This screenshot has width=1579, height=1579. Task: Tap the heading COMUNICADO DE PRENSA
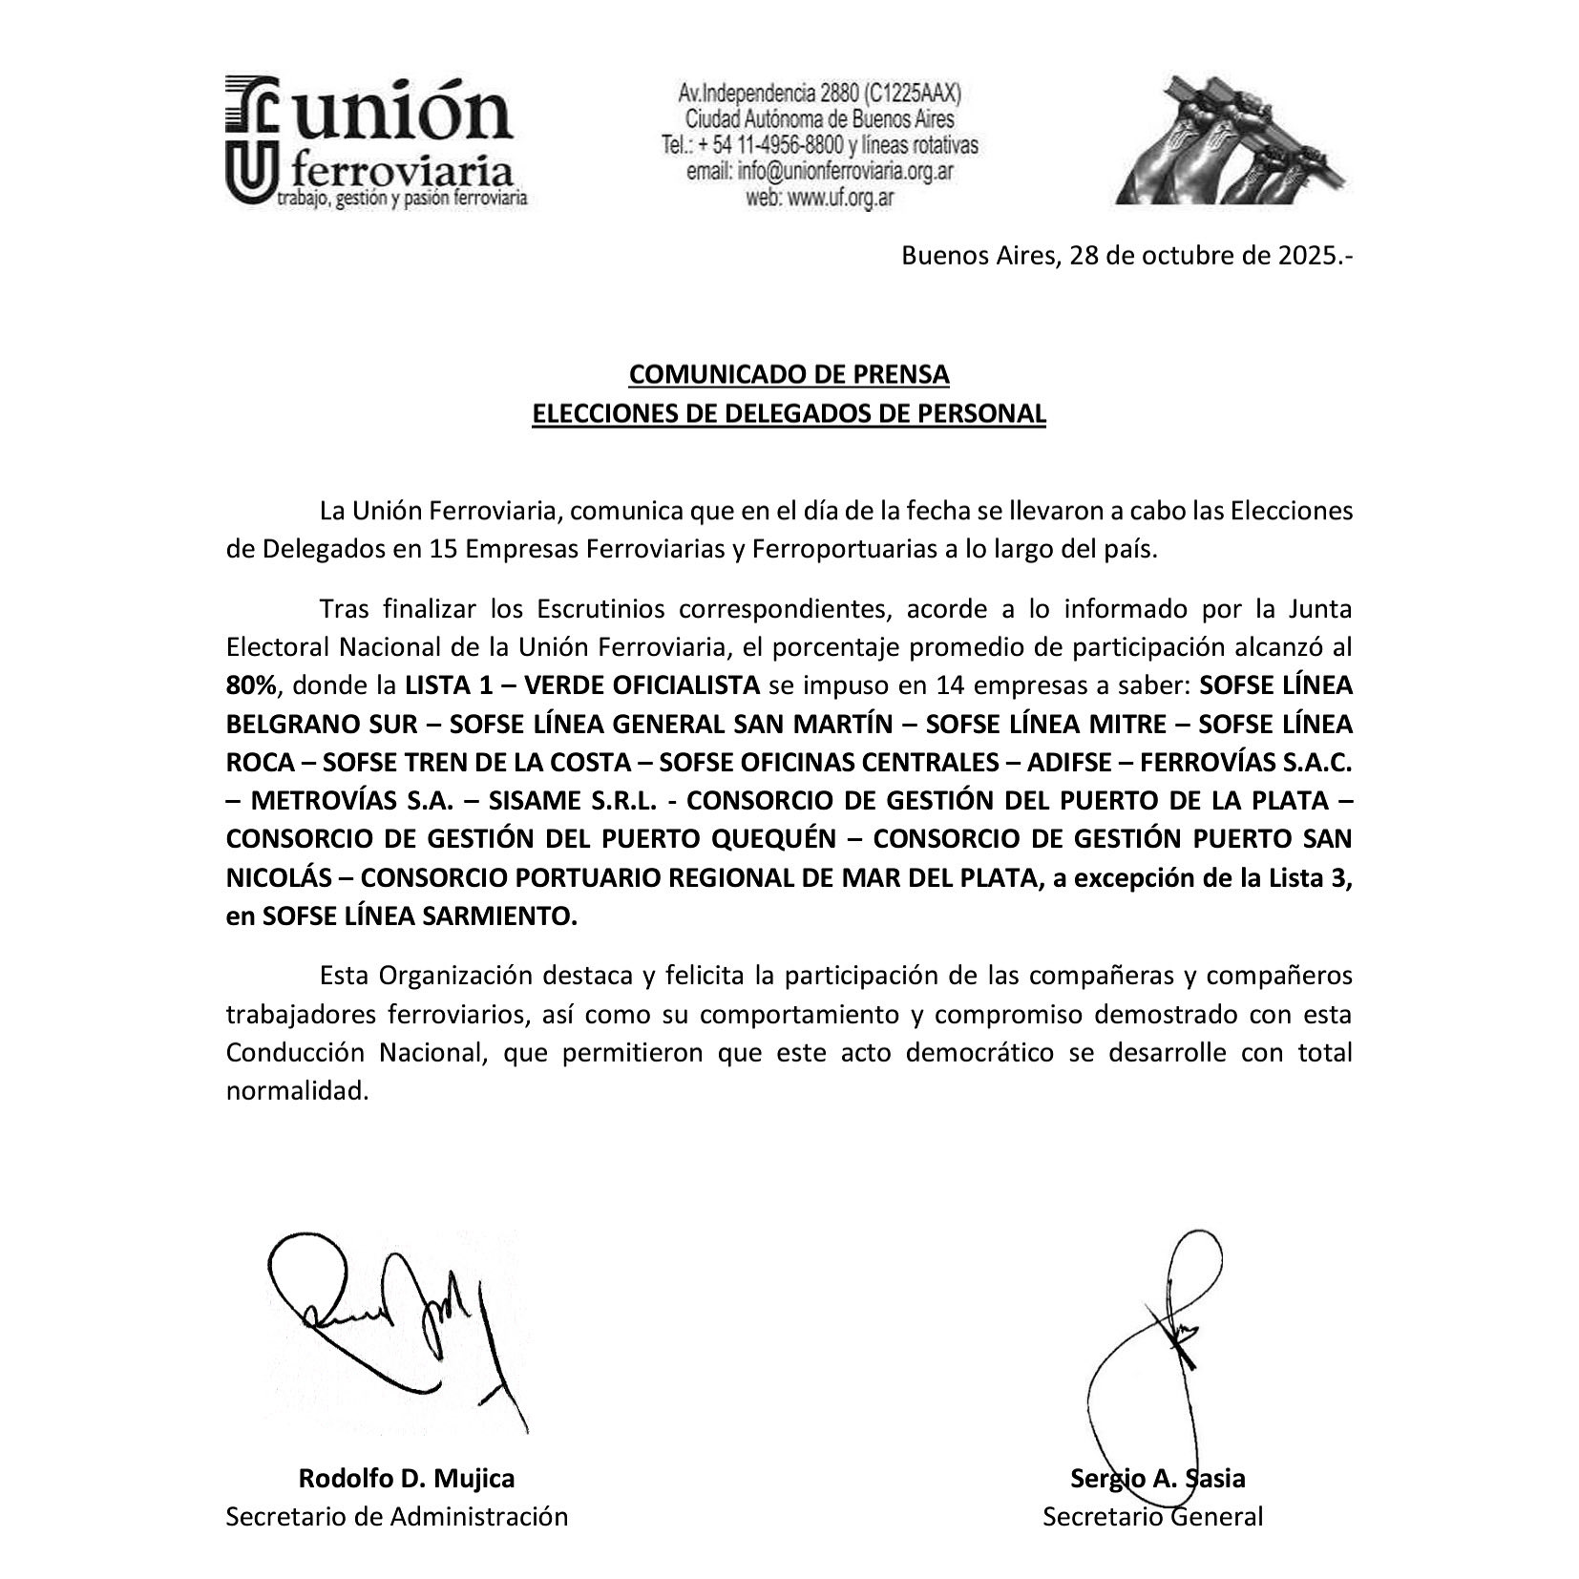[789, 374]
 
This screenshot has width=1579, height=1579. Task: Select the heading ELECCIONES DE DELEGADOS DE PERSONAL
[789, 414]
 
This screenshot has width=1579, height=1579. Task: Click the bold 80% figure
[251, 685]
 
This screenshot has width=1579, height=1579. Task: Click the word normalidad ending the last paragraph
[297, 1091]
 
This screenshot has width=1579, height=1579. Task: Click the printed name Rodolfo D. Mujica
[407, 1479]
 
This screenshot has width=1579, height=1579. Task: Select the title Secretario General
[1152, 1516]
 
